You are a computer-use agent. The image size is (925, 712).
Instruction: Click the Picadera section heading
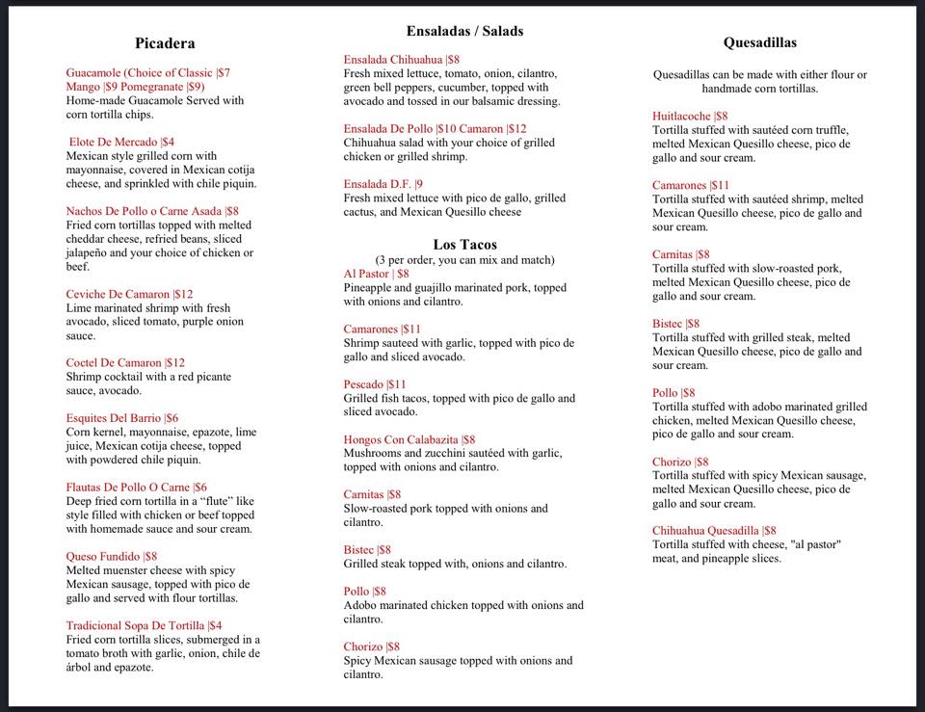click(165, 43)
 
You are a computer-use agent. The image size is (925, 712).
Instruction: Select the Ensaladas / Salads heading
click(464, 31)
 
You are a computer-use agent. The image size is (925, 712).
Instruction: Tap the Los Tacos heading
click(464, 245)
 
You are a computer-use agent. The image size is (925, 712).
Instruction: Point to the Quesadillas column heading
click(759, 42)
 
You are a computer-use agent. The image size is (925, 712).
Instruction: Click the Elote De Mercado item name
click(114, 142)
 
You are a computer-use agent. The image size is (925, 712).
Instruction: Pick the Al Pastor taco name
click(366, 274)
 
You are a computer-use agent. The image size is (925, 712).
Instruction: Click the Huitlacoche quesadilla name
click(681, 117)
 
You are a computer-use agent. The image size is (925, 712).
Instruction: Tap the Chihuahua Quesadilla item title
click(705, 531)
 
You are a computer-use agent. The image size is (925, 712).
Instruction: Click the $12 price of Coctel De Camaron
click(175, 363)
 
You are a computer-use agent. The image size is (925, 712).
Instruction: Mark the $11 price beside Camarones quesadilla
click(719, 186)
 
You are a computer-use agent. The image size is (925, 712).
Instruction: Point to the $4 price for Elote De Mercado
click(168, 142)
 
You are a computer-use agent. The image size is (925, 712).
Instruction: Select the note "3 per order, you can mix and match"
click(464, 260)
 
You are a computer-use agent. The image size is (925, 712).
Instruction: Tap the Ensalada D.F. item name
click(377, 184)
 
